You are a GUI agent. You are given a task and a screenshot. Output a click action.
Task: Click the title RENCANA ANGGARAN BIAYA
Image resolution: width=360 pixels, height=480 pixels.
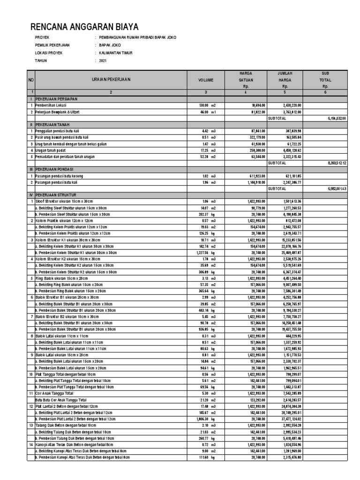(x=84, y=27)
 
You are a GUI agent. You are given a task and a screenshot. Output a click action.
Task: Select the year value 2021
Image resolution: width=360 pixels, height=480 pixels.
(x=103, y=61)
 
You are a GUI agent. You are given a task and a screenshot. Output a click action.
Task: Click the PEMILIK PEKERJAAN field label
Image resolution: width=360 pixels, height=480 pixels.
(x=52, y=45)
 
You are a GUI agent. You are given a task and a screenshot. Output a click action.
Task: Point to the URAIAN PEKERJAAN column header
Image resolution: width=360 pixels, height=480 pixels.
(x=111, y=80)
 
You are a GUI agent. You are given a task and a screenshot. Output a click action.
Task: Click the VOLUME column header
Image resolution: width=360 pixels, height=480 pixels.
(x=205, y=80)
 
